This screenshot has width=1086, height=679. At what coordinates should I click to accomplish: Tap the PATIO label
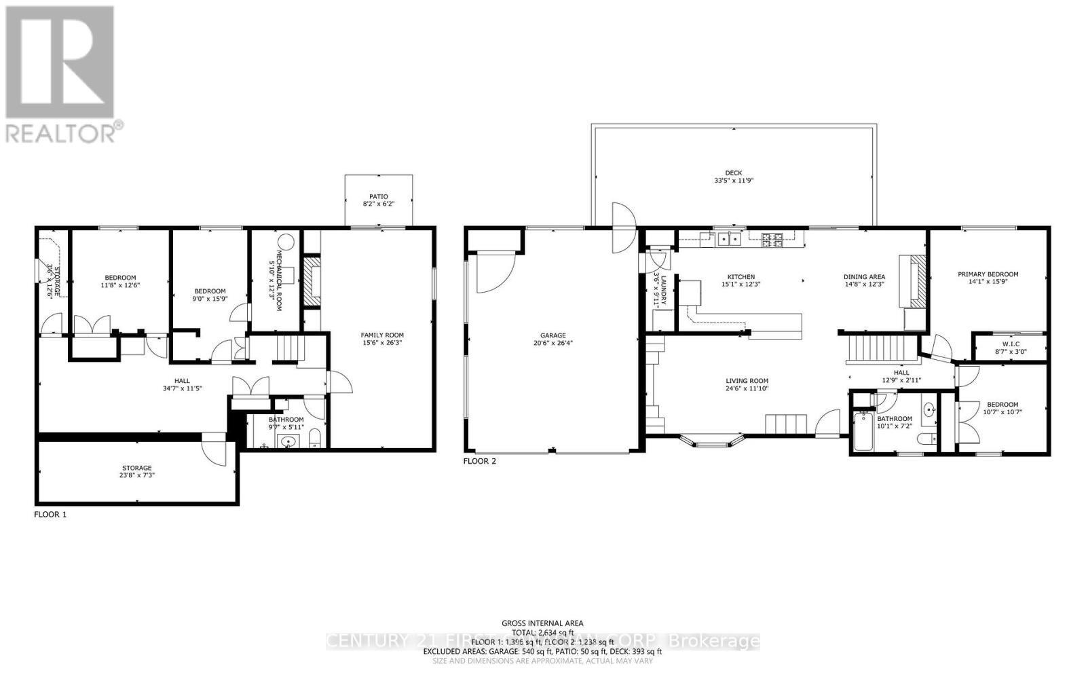tap(379, 196)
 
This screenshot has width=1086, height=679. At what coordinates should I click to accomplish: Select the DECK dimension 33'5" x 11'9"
tap(734, 181)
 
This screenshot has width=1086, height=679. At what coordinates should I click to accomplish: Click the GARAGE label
tap(553, 335)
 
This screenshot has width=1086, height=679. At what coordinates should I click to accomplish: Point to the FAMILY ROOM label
tap(382, 335)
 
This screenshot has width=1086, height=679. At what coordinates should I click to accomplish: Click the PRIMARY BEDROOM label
tap(988, 274)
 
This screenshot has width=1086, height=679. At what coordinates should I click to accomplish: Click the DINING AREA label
tap(864, 276)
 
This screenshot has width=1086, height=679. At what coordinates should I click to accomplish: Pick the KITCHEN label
tap(741, 276)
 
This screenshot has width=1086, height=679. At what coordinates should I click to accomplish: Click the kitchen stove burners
tap(772, 238)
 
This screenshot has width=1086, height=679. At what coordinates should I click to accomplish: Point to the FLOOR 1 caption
tap(50, 515)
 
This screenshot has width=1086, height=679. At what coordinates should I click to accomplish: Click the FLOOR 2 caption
tap(479, 461)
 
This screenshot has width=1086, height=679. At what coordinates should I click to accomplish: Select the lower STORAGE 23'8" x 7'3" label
tap(136, 468)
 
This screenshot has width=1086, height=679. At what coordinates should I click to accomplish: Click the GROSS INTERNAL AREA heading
tap(542, 623)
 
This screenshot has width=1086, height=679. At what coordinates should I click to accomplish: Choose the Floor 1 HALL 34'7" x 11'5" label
tap(181, 381)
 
